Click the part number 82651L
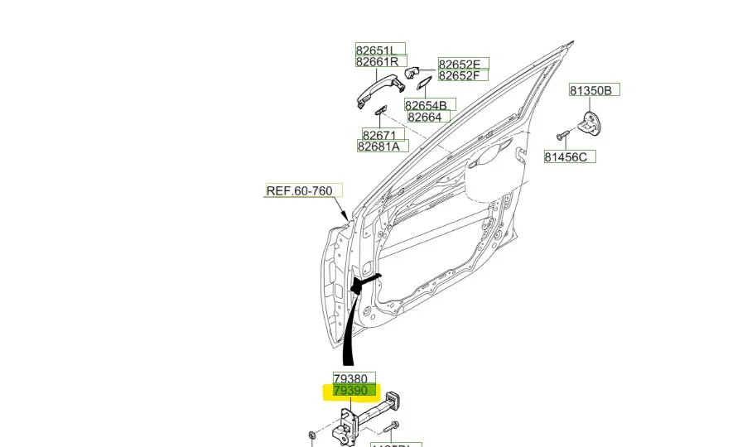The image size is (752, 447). pos(380,49)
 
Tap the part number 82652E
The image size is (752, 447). pos(464,64)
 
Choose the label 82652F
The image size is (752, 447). pos(464,76)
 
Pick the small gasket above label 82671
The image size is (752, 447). pos(381,112)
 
